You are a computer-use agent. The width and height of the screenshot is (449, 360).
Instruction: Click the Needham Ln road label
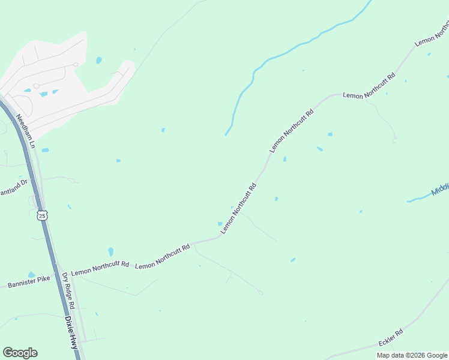pyautogui.click(x=26, y=131)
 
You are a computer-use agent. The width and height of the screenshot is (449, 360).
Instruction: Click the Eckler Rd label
pyautogui.click(x=391, y=337)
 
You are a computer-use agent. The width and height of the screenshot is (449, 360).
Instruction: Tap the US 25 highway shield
pyautogui.click(x=41, y=215)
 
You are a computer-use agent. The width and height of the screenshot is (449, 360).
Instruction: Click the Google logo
pyautogui.click(x=20, y=353)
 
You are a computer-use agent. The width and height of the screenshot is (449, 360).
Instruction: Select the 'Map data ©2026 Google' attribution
pyautogui.click(x=412, y=355)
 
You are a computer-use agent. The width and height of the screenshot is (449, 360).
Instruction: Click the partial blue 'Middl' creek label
pyautogui.click(x=440, y=190)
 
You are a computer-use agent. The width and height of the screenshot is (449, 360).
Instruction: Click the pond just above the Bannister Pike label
pyautogui.click(x=31, y=274)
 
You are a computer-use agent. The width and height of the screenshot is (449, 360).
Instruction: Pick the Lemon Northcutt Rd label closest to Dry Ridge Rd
pyautogui.click(x=100, y=268)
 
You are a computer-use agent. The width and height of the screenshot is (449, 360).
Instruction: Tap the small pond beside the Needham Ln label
pyautogui.click(x=45, y=150)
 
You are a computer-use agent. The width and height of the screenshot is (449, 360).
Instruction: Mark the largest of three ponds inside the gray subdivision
pyautogui.click(x=44, y=94)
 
